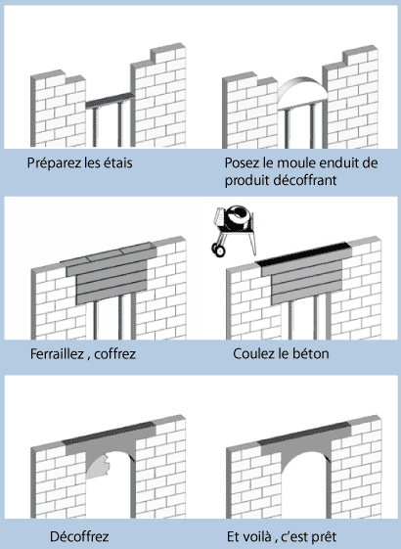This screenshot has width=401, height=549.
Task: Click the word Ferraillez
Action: click(57, 353)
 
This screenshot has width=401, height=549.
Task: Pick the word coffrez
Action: click(115, 353)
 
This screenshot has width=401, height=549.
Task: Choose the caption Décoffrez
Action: click(79, 536)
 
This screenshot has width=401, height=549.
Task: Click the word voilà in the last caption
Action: click(257, 536)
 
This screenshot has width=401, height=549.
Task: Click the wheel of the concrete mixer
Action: click(219, 250)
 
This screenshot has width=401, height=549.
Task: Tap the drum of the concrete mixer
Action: click(237, 218)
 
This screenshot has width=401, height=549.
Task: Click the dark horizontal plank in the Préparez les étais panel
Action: click(111, 100)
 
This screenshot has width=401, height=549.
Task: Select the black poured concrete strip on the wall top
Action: click(303, 252)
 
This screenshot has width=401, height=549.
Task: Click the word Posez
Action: click(240, 162)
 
